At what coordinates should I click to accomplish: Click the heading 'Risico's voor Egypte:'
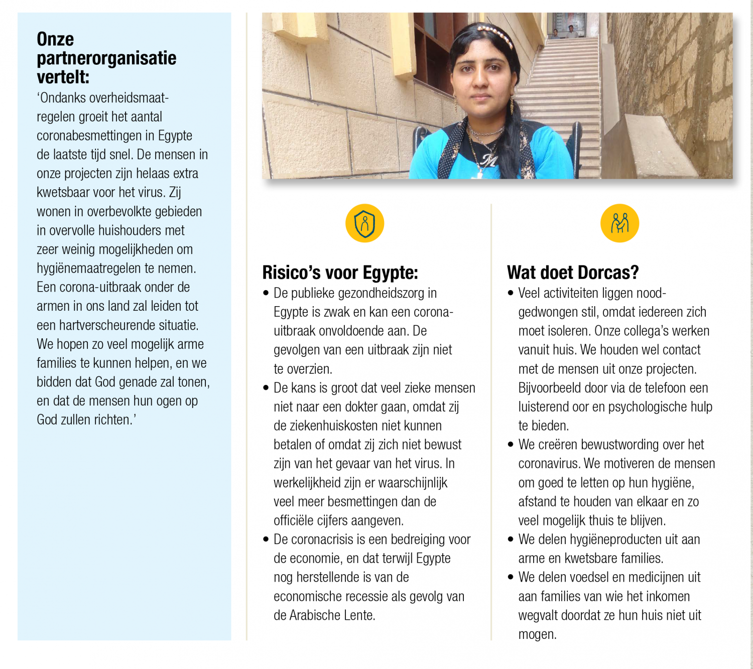pyautogui.click(x=340, y=273)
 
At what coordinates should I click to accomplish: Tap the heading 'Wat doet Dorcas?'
pyautogui.click(x=573, y=273)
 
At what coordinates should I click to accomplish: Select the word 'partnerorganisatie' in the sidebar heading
pyautogui.click(x=106, y=58)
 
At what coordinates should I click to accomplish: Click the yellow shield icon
pyautogui.click(x=365, y=223)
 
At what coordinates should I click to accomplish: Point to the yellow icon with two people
pyautogui.click(x=619, y=223)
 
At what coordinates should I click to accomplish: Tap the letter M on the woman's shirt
pyautogui.click(x=488, y=160)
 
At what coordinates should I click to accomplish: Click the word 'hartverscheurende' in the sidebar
pyautogui.click(x=107, y=325)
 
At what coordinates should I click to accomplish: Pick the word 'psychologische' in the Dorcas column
pyautogui.click(x=648, y=407)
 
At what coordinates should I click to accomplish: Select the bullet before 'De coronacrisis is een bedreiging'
pyautogui.click(x=266, y=540)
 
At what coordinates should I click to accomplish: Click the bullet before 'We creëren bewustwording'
pyautogui.click(x=511, y=445)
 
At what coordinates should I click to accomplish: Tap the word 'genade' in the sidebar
pyautogui.click(x=137, y=382)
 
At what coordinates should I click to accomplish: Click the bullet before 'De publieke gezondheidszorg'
pyautogui.click(x=266, y=293)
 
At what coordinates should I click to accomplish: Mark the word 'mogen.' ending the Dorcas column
pyautogui.click(x=538, y=634)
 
